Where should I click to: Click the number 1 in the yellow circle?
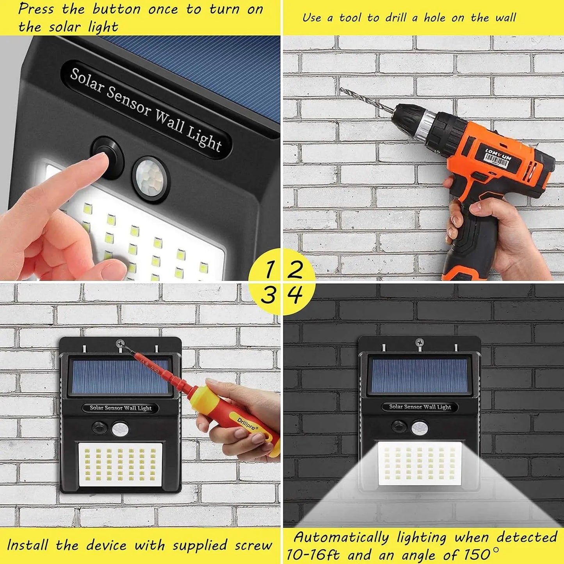coord(269,269)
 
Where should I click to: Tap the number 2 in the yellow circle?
coord(295,269)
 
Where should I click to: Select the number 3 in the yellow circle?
coord(268,295)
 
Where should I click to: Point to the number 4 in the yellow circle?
coord(295,295)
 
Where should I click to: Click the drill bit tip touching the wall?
coord(341,89)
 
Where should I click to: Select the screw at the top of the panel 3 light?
coord(120,344)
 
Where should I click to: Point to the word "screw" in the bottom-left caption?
coord(253,545)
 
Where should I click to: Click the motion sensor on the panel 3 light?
coord(120,429)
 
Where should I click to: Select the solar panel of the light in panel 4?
coord(420,376)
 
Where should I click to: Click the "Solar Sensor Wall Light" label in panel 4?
coord(420,407)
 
